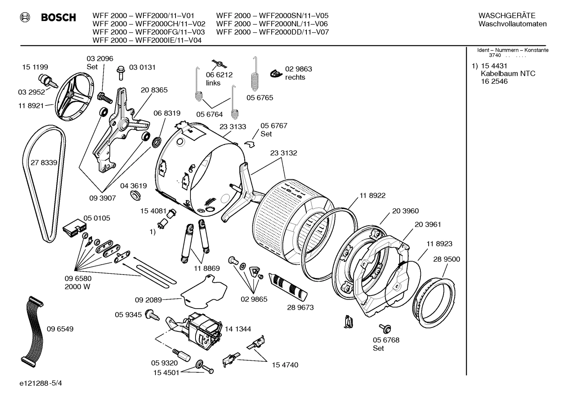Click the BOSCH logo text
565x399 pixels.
click(58, 18)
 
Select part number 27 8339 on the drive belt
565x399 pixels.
click(44, 162)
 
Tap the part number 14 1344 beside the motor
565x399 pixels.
click(238, 329)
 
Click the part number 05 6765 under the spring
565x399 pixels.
click(260, 97)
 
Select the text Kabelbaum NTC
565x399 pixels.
click(508, 74)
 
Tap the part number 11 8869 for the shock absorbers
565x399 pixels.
click(206, 268)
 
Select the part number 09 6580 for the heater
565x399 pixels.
click(78, 278)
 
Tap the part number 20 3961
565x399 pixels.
click(427, 224)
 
